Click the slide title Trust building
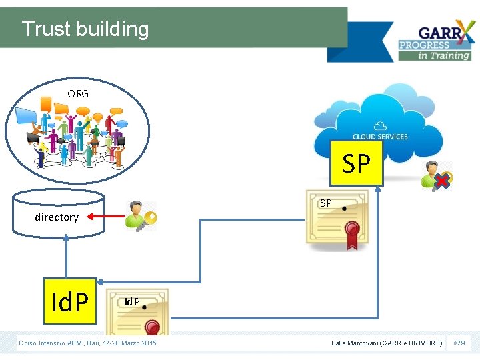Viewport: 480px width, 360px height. (85, 29)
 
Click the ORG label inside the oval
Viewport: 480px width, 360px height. (78, 94)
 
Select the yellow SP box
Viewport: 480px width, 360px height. (357, 163)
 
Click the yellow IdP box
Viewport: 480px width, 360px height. (70, 301)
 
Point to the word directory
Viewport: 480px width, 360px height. (57, 217)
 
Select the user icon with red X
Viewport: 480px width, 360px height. (437, 175)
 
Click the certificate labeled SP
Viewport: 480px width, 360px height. (337, 220)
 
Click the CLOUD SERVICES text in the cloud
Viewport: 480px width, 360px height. (380, 137)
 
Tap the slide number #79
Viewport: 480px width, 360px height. (459, 343)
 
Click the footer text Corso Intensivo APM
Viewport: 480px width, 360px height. (87, 343)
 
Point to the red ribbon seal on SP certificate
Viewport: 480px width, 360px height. (353, 234)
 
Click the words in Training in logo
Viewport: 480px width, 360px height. (444, 55)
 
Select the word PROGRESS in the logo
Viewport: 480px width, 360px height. (425, 45)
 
